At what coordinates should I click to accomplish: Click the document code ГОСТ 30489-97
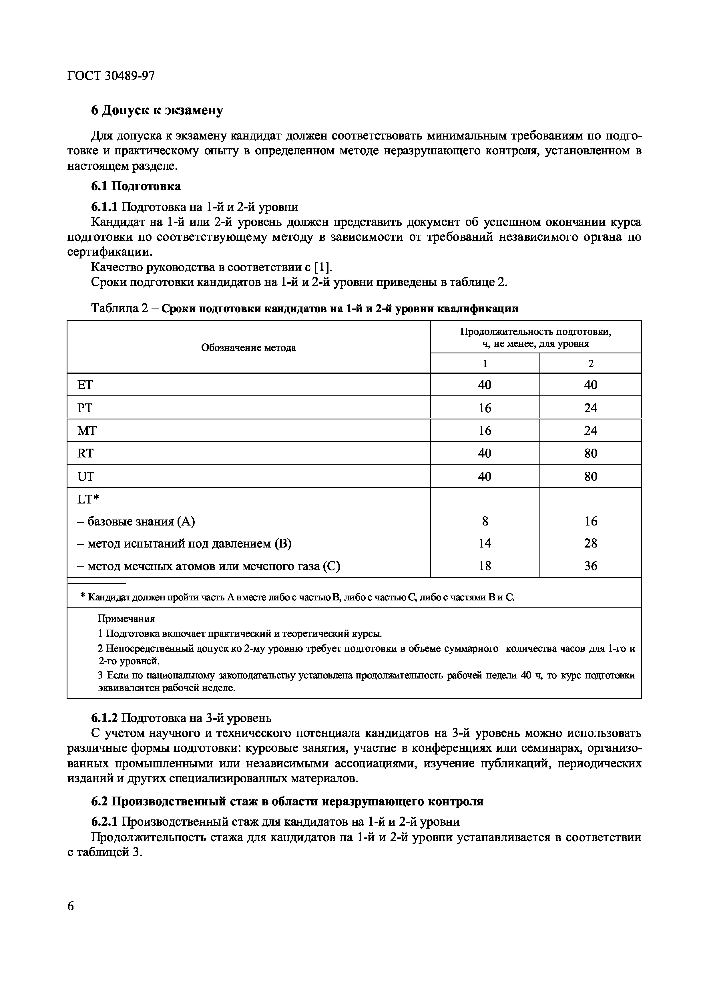tap(111, 76)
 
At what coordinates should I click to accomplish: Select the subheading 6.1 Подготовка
tap(136, 186)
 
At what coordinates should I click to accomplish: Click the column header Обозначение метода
tap(248, 348)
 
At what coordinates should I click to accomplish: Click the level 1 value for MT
tap(485, 431)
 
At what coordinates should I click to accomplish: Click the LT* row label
tap(88, 499)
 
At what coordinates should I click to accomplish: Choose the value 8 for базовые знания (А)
tap(485, 521)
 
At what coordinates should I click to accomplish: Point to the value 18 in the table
tap(485, 566)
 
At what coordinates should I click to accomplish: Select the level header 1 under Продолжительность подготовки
tap(485, 363)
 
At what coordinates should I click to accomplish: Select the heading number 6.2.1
tap(104, 822)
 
